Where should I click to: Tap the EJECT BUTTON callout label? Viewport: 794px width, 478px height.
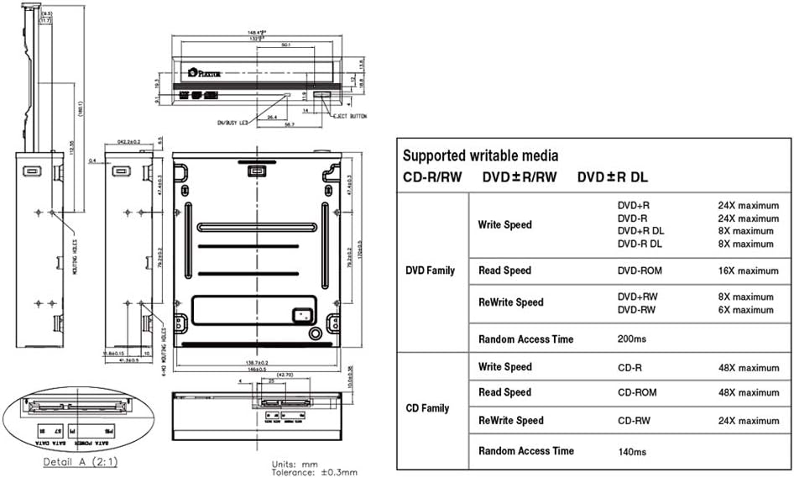(x=352, y=115)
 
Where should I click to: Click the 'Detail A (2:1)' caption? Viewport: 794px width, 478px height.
(x=81, y=462)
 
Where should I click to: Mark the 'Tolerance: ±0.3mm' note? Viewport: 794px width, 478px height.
(x=304, y=471)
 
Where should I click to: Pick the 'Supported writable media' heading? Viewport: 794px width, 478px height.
(x=480, y=155)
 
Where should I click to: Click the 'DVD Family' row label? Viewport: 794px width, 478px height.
(x=430, y=271)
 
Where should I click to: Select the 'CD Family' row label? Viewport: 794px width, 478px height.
(x=427, y=408)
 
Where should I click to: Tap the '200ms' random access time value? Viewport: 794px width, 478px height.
(x=633, y=339)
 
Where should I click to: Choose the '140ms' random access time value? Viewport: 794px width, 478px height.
(x=633, y=451)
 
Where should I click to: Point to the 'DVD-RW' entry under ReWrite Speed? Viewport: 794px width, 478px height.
(x=636, y=310)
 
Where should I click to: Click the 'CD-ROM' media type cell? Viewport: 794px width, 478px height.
(x=637, y=392)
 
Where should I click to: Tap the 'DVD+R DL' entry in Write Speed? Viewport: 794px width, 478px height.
(x=640, y=231)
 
